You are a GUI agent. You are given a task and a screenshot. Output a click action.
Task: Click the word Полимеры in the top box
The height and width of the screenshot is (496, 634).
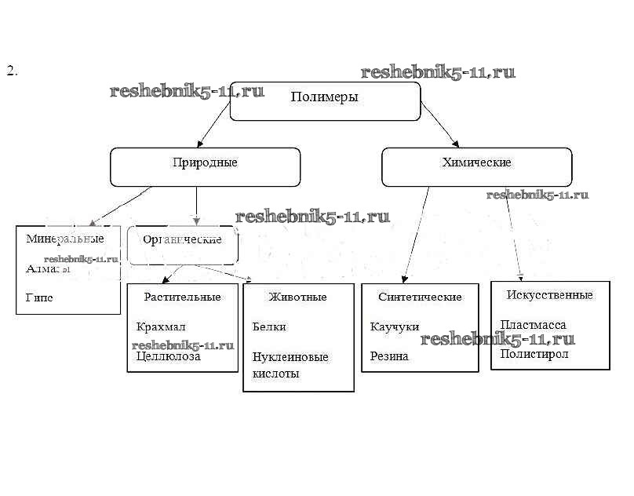click(x=324, y=97)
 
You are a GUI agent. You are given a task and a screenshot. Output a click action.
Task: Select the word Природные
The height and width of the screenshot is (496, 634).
click(x=205, y=163)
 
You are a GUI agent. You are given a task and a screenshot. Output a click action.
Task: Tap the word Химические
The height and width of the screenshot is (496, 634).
click(x=476, y=162)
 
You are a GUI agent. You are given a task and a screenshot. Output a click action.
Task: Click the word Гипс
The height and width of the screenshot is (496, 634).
click(x=39, y=298)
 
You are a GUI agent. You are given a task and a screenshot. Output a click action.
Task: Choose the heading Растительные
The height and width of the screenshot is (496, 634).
click(x=182, y=297)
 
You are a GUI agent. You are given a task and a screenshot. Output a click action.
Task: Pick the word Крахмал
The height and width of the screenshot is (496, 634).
click(x=161, y=326)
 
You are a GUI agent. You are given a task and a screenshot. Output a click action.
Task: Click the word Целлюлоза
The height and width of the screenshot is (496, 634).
click(x=168, y=356)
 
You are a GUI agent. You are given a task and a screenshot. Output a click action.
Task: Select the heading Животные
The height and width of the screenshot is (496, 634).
click(x=297, y=297)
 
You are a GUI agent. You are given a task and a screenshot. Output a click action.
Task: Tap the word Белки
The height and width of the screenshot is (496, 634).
click(x=269, y=326)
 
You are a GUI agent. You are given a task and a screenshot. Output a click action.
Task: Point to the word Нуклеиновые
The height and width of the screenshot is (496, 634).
click(x=290, y=357)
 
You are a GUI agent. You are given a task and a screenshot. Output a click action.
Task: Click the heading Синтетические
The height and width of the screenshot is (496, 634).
click(x=420, y=297)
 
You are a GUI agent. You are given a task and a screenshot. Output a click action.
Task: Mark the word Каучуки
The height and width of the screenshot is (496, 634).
click(x=394, y=326)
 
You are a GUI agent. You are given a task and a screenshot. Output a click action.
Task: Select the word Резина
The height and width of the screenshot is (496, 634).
click(x=389, y=356)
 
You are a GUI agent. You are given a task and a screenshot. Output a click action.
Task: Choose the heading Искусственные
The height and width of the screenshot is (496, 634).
click(x=549, y=295)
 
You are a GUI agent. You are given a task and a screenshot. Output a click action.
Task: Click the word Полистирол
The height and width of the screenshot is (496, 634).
click(x=534, y=354)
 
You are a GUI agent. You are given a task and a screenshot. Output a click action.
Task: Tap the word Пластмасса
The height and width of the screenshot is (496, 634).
click(x=533, y=324)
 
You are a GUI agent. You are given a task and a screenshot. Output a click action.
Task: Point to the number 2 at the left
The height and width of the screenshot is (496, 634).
click(x=12, y=71)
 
